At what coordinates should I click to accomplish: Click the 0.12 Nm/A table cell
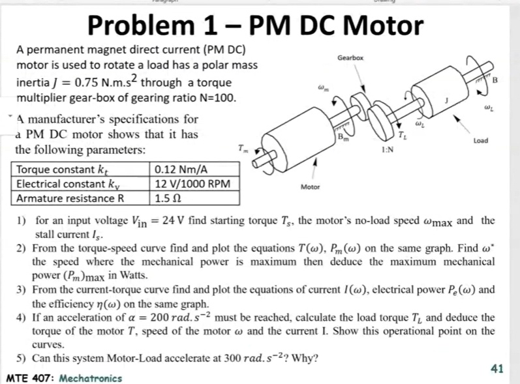click(x=176, y=171)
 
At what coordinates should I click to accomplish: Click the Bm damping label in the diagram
click(x=343, y=137)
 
